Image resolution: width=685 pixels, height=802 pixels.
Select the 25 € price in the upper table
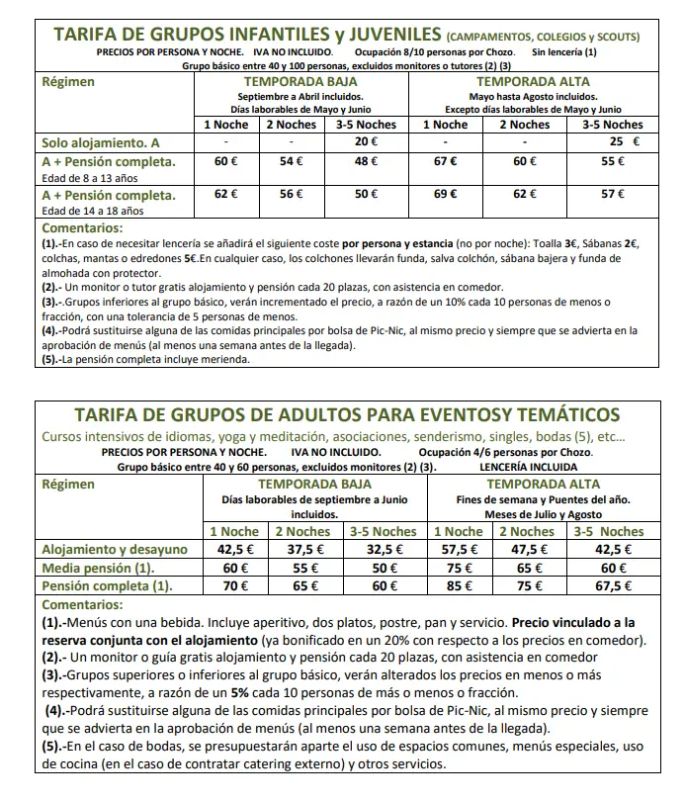tap(617, 141)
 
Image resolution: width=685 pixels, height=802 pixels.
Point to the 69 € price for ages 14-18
tap(447, 196)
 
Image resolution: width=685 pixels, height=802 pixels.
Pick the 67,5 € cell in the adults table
tap(616, 585)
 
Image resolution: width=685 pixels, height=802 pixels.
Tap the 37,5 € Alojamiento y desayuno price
tap(305, 550)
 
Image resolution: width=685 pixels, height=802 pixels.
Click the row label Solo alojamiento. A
tap(102, 142)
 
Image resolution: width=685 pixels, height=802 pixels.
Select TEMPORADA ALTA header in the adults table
tap(536, 485)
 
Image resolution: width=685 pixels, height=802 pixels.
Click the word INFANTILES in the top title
tap(310, 36)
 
